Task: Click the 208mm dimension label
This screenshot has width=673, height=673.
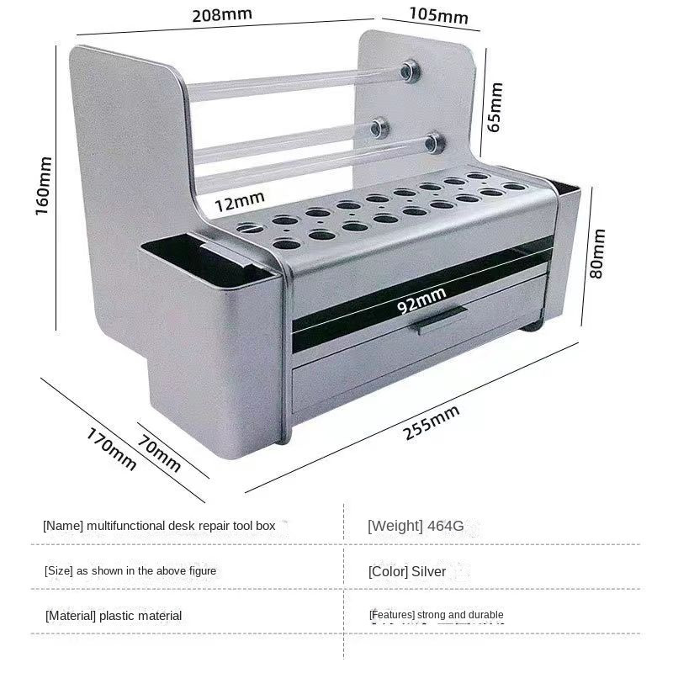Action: tap(222, 15)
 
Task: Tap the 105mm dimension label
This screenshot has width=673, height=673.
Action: tap(438, 15)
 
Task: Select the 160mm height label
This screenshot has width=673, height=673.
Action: tap(44, 186)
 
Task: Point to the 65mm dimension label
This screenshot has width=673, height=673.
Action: tap(495, 108)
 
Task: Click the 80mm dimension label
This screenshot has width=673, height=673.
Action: tap(597, 254)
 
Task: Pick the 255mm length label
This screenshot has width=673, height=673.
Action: tap(432, 422)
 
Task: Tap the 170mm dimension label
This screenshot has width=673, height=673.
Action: tap(111, 448)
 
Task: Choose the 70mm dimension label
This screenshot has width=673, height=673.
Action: tap(159, 453)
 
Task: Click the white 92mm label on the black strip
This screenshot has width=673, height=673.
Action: tap(421, 300)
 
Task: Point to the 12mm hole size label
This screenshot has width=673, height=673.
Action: tap(240, 201)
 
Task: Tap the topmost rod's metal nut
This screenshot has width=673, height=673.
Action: tap(409, 71)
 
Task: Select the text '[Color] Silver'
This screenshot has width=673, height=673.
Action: tap(407, 572)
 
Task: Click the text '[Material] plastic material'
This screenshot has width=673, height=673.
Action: tap(114, 616)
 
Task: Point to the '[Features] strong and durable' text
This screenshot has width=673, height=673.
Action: tap(436, 615)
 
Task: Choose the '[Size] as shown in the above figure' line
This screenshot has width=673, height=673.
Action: tap(130, 571)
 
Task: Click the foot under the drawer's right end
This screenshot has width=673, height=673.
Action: tap(533, 326)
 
